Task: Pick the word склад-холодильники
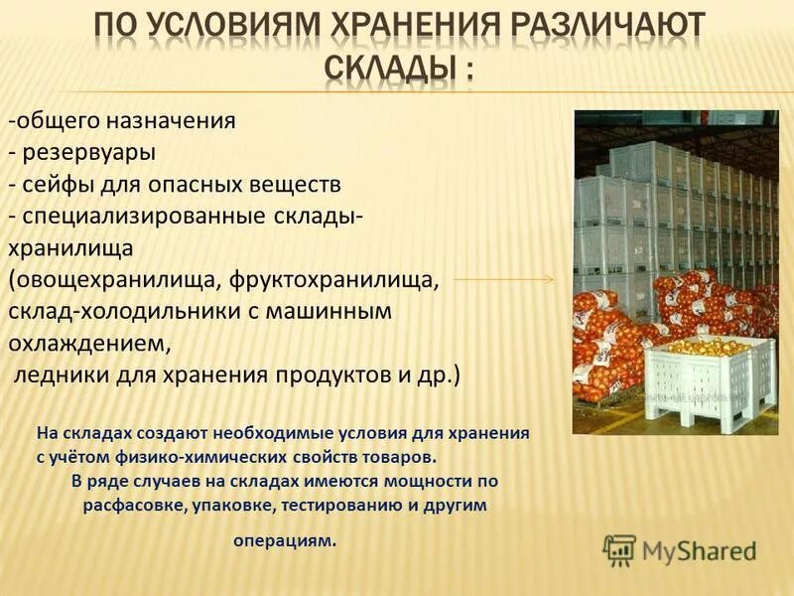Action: point(109,312)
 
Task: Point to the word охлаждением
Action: point(89,344)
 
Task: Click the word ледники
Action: point(54,375)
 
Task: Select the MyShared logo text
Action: point(699,550)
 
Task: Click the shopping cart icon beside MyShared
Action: point(619,550)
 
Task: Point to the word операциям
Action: point(285,541)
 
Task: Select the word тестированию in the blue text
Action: point(339,505)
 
